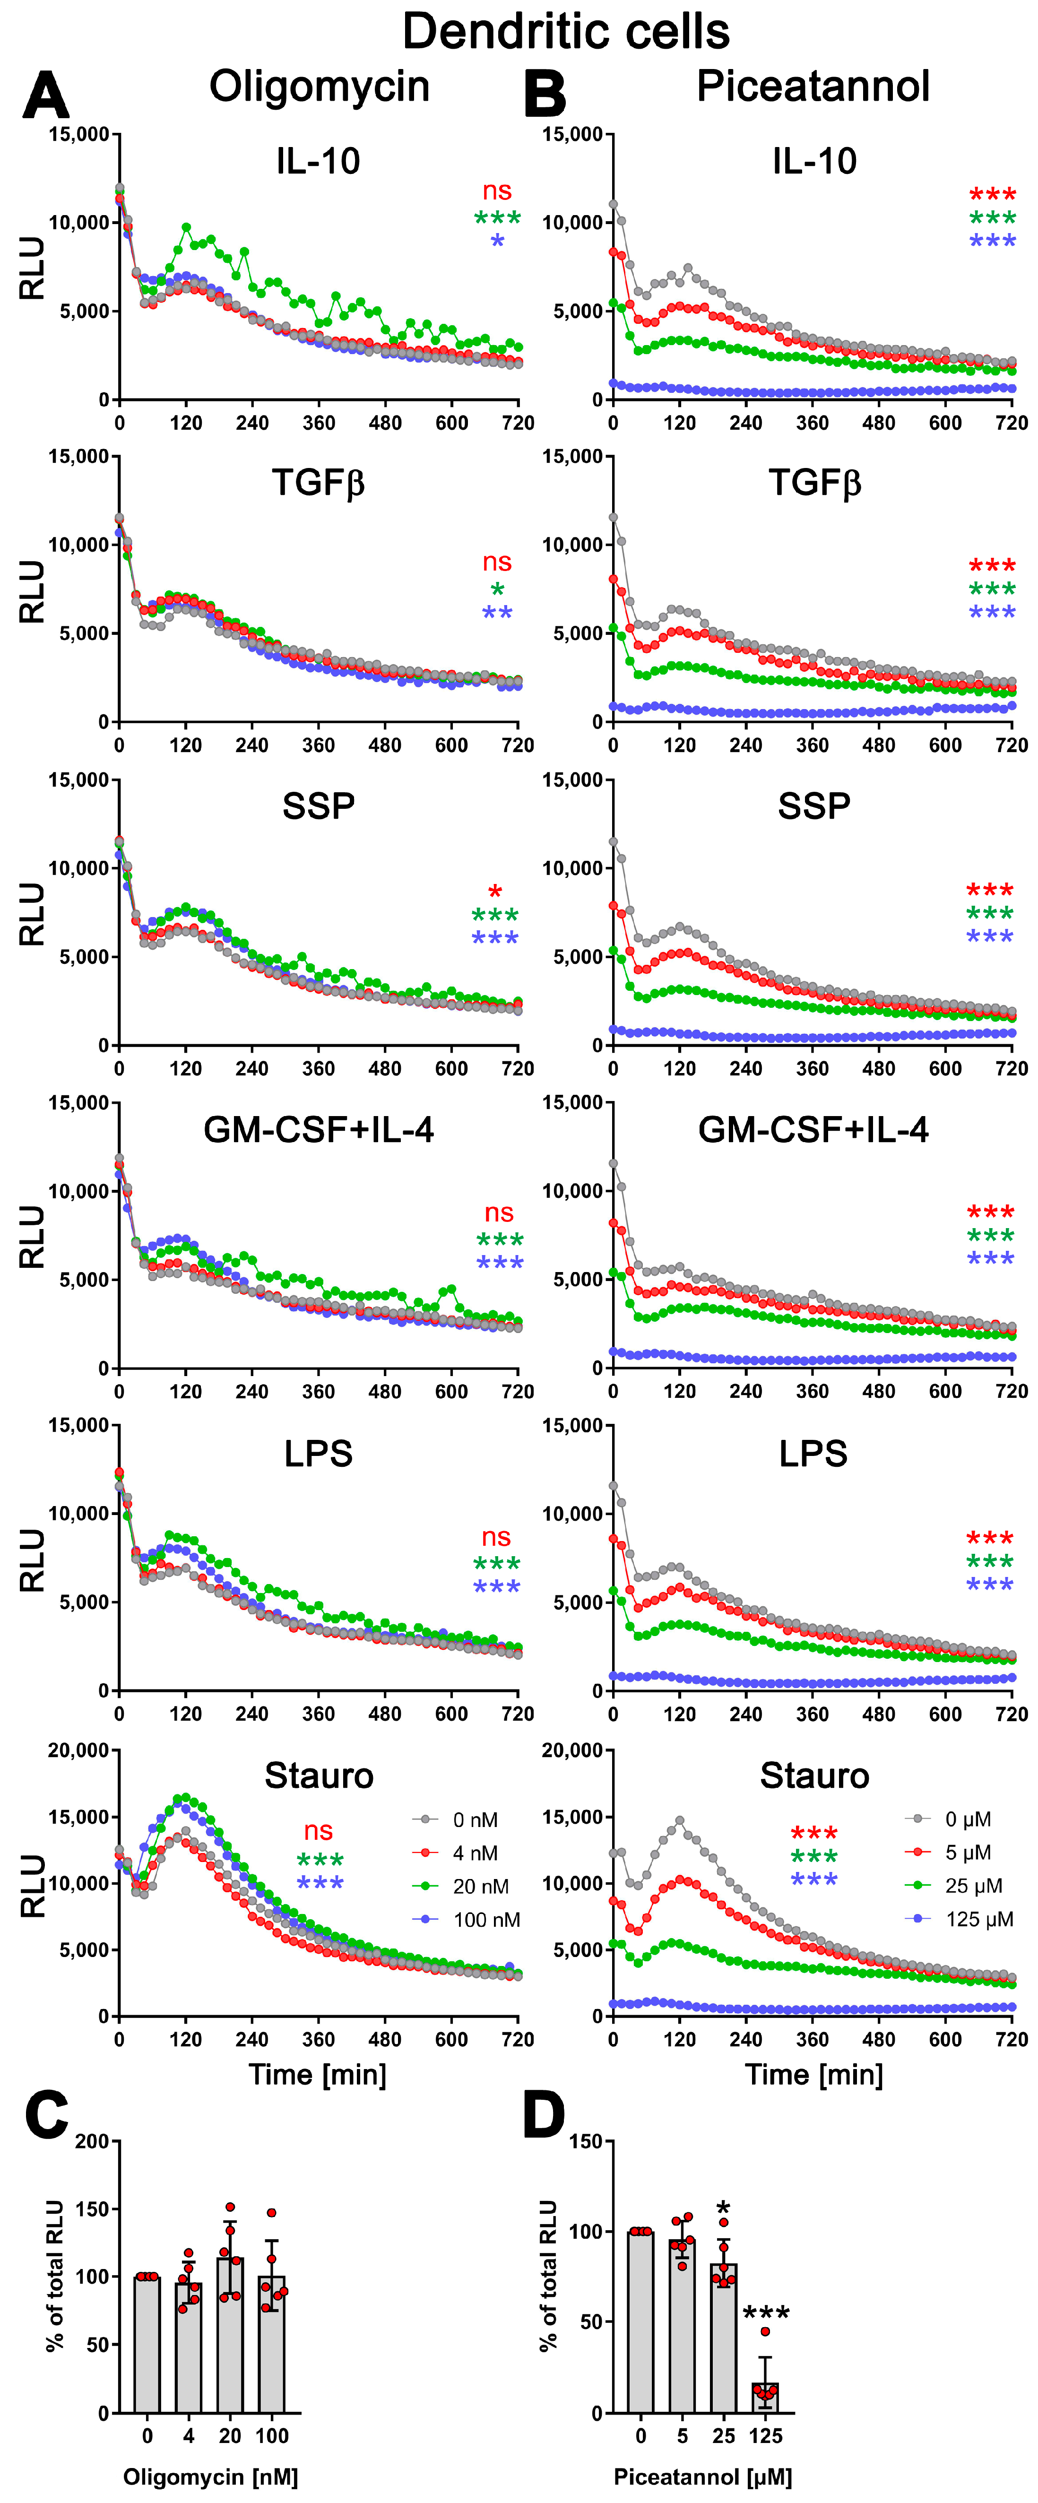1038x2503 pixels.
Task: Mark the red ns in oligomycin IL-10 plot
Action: click(x=497, y=191)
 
